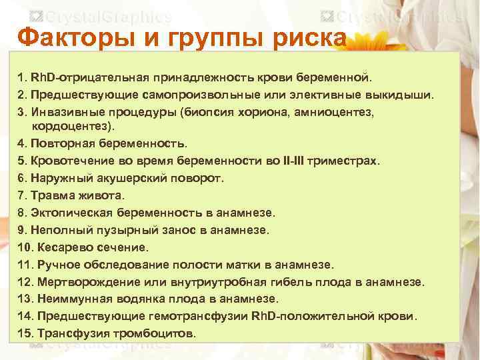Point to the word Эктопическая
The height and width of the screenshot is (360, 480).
coord(73,213)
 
